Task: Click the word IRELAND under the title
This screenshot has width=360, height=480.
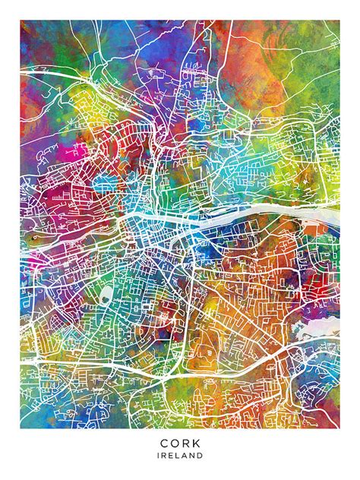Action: coord(181,456)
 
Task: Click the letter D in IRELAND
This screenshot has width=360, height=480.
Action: coord(201,456)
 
